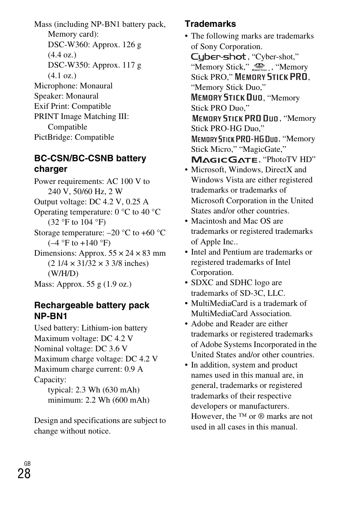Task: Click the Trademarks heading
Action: pyautogui.click(x=210, y=24)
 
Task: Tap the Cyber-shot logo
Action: pyautogui.click(x=218, y=57)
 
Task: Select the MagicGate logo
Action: pyautogui.click(x=224, y=159)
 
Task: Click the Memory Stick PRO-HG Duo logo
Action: pyautogui.click(x=234, y=139)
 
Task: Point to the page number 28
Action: pyautogui.click(x=24, y=474)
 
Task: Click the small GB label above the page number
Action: pyautogui.click(x=27, y=463)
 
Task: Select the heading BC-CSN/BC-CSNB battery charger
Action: pyautogui.click(x=90, y=164)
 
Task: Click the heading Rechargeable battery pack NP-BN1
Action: pyautogui.click(x=92, y=310)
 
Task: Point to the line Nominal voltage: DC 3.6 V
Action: pyautogui.click(x=81, y=349)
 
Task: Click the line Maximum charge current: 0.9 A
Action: pyautogui.click(x=88, y=369)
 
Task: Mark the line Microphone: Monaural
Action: pyautogui.click(x=73, y=86)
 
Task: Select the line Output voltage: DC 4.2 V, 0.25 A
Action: pyautogui.click(x=91, y=202)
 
